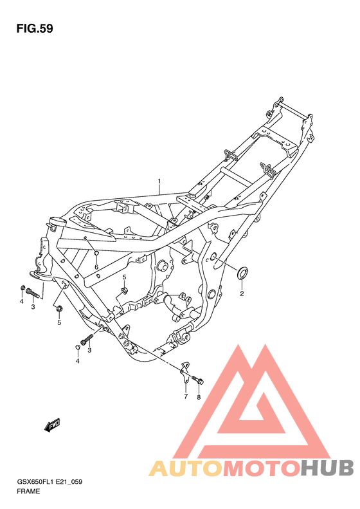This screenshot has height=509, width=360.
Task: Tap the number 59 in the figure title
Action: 46,29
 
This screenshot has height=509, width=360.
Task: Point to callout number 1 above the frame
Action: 159,180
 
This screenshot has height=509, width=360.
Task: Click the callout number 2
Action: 242,294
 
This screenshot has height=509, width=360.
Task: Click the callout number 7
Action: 186,396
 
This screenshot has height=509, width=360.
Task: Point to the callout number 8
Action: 199,397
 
